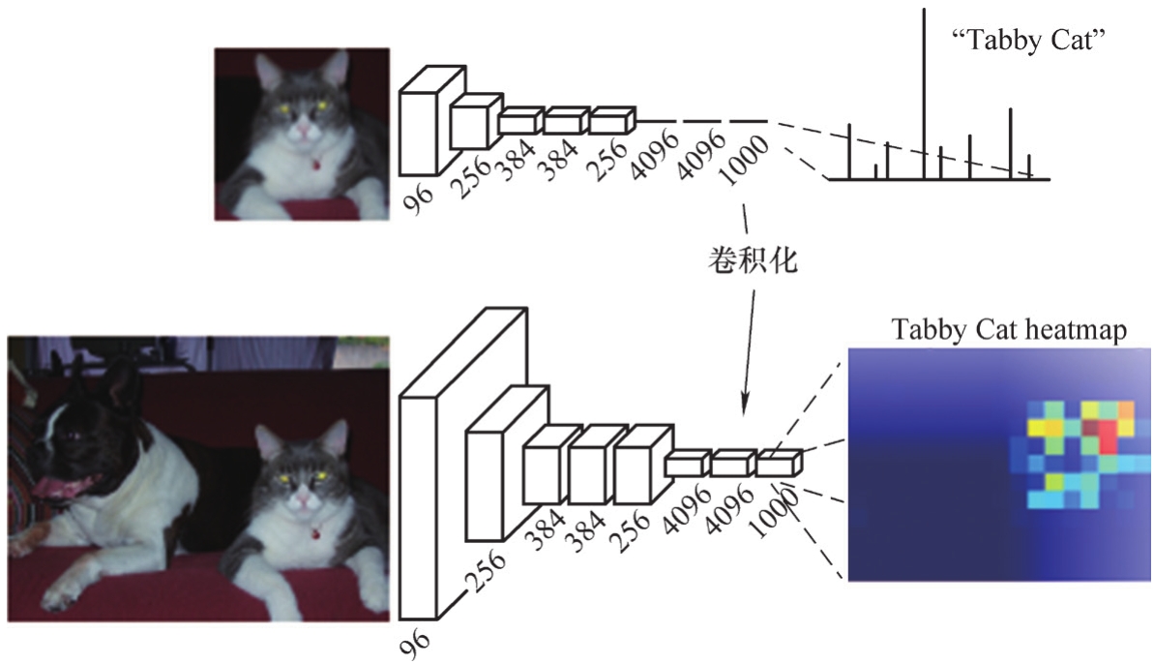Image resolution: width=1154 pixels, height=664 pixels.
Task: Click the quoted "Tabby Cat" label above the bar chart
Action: [1028, 40]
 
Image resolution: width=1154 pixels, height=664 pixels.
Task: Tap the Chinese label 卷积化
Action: [753, 259]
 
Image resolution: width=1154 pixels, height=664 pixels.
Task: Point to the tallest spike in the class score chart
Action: [925, 94]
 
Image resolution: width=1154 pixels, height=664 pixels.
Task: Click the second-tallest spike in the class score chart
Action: [1011, 143]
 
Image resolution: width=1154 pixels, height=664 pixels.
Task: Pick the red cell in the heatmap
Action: [1109, 438]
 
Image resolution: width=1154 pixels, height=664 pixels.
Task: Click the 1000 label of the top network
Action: [744, 162]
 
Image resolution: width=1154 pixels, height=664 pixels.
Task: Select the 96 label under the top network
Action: [419, 197]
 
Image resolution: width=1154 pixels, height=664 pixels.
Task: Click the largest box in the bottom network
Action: [463, 464]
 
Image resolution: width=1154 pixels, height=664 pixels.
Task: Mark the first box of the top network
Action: [432, 121]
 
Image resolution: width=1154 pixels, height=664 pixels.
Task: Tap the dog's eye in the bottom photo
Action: [73, 435]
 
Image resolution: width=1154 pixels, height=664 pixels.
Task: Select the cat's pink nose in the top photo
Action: [302, 131]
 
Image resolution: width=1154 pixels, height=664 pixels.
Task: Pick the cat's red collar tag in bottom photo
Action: [316, 531]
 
